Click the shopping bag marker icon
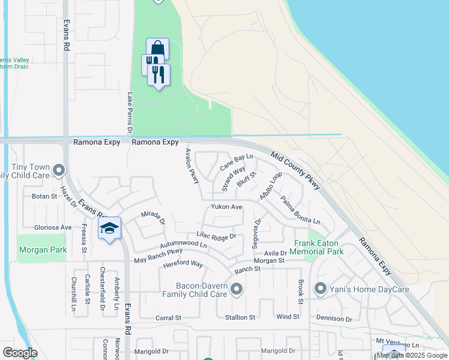(x=157, y=49)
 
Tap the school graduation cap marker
(x=110, y=229)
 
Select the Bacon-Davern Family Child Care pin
(x=236, y=290)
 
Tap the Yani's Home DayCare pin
(x=320, y=289)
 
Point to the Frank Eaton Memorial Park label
(x=319, y=247)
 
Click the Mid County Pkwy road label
(x=295, y=170)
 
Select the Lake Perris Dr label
(x=129, y=113)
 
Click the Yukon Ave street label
(x=226, y=207)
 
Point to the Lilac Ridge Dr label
(x=216, y=236)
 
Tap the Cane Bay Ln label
(x=236, y=161)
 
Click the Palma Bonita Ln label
(x=300, y=211)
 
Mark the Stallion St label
(x=240, y=317)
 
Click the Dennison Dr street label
(x=334, y=319)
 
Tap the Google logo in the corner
(x=20, y=352)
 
